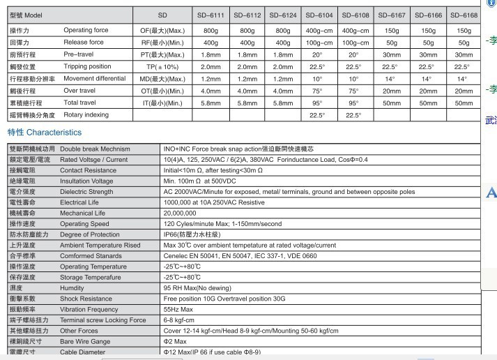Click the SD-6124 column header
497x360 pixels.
(x=283, y=15)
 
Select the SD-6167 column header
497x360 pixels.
(x=392, y=15)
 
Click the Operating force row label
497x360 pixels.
(x=86, y=31)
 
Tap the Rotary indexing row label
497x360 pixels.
(x=86, y=115)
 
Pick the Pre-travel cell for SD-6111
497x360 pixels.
(x=211, y=54)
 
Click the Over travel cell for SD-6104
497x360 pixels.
(x=317, y=91)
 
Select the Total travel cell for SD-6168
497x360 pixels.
(x=464, y=103)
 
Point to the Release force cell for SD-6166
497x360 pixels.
(x=428, y=43)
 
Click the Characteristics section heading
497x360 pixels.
(x=45, y=133)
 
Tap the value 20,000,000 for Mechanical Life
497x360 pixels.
(x=180, y=213)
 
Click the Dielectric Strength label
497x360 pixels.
(x=86, y=192)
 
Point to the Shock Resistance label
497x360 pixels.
(x=86, y=299)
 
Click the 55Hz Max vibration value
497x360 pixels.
(x=178, y=309)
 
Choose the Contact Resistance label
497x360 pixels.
(x=89, y=170)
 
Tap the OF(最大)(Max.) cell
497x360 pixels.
(x=162, y=31)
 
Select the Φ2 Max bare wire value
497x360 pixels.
(x=175, y=342)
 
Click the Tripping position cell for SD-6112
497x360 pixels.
(x=247, y=67)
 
